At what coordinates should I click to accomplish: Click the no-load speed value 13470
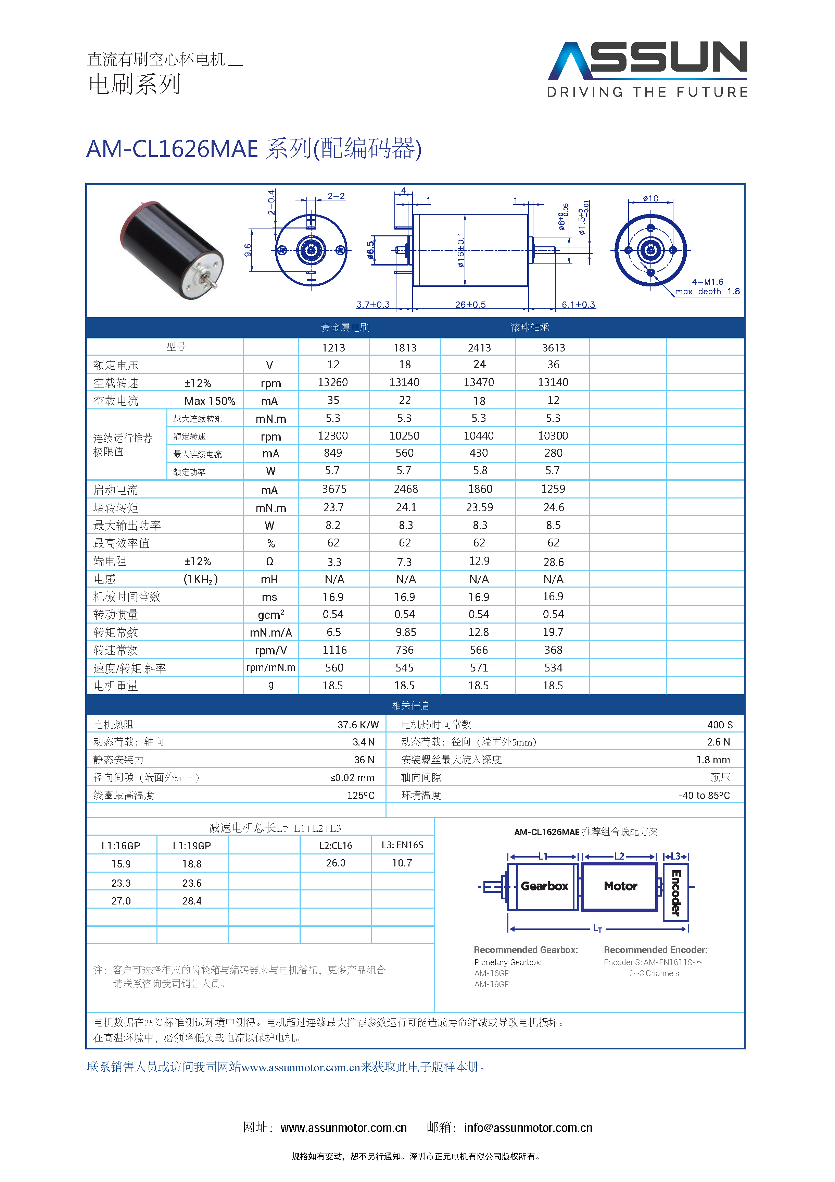point(479,382)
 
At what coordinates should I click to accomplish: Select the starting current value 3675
point(334,489)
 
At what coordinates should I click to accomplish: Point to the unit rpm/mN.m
point(270,668)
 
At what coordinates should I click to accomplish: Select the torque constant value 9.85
point(405,632)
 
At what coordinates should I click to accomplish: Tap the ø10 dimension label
point(650,199)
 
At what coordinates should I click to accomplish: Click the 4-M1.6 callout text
point(707,282)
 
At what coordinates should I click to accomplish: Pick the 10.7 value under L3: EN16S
point(402,863)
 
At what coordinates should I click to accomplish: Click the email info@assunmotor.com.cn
point(528,1128)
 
